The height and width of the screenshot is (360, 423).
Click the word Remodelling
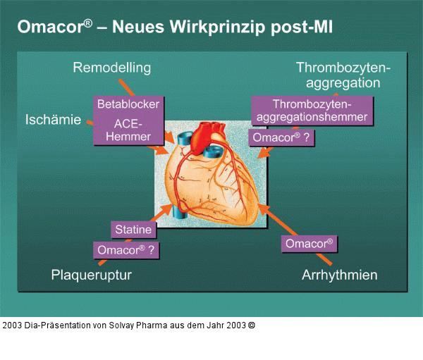click(112, 68)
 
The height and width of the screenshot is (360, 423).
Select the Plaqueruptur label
click(92, 274)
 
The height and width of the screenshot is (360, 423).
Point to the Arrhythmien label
click(340, 274)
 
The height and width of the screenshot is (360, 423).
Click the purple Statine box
click(133, 230)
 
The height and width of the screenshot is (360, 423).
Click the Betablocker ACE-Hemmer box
click(128, 120)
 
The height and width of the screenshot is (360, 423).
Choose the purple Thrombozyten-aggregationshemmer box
click(312, 111)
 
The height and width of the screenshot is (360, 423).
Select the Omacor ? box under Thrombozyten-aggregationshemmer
click(282, 138)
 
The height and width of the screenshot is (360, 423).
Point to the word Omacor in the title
click(49, 27)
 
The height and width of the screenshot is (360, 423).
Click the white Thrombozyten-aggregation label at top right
click(343, 75)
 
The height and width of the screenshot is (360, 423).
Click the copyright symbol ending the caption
click(252, 325)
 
